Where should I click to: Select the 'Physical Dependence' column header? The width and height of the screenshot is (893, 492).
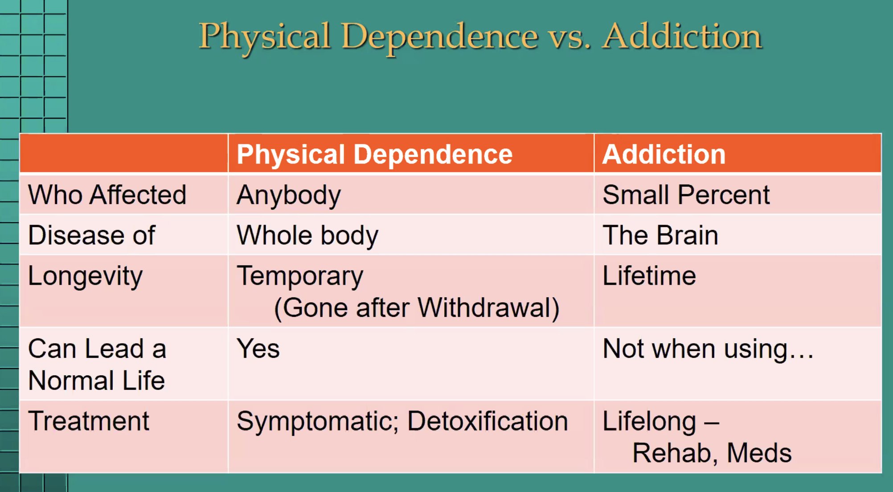tap(374, 154)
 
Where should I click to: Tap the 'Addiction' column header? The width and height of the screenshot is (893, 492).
tap(664, 154)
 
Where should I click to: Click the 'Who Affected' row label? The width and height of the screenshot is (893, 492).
tap(107, 195)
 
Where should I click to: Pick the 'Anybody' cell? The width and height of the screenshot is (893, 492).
tap(289, 195)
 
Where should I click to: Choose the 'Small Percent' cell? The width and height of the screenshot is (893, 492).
tap(686, 195)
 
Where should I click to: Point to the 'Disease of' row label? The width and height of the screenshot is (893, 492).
tap(91, 235)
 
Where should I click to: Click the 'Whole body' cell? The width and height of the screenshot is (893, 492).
tap(307, 235)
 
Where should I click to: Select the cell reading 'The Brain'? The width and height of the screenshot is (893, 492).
tap(660, 235)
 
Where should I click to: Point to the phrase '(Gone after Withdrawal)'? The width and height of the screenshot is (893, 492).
tap(416, 308)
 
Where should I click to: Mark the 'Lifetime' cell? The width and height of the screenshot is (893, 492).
tap(649, 275)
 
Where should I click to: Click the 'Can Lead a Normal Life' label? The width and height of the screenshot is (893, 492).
tap(97, 364)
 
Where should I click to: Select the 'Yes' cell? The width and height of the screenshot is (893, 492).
tap(258, 348)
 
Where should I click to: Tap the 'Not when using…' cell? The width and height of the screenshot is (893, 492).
tap(708, 348)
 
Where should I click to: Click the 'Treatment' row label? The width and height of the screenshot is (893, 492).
tap(88, 421)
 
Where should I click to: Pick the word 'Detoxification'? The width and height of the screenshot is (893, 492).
tap(487, 421)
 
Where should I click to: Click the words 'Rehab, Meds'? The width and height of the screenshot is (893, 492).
tap(712, 453)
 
